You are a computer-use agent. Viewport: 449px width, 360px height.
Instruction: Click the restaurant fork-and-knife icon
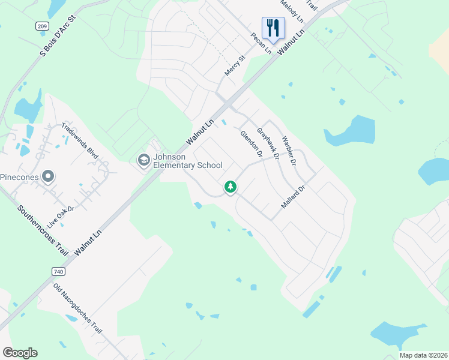click(273, 27)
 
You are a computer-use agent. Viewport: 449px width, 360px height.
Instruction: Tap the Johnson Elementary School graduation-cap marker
click(143, 160)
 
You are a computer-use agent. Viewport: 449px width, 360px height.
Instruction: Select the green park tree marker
click(230, 187)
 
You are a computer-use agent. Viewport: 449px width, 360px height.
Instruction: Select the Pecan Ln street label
click(262, 43)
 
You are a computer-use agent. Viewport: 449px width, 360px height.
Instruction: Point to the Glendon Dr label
click(252, 145)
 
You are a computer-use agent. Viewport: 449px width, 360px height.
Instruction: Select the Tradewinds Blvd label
click(79, 140)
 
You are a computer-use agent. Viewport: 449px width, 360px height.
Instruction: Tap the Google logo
click(20, 352)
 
